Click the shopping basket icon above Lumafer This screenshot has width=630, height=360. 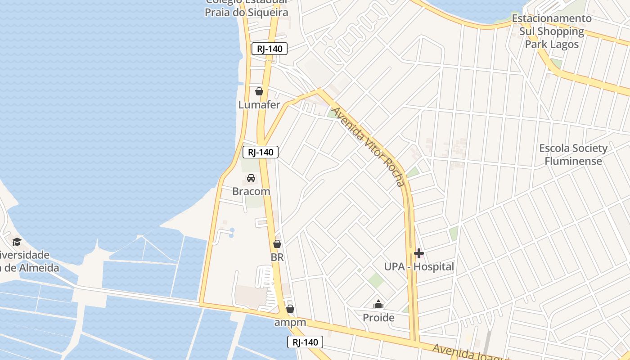coord(259,92)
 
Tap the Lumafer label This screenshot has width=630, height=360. coord(259,105)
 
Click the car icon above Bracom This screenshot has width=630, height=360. coord(251,178)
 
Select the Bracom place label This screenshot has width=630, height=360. coord(251,191)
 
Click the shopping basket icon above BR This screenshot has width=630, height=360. coord(277,244)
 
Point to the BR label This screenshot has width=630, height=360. coord(277,258)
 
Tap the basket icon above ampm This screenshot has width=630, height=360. coord(290,309)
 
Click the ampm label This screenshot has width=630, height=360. coord(290,323)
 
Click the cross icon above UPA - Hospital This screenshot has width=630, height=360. coord(419,253)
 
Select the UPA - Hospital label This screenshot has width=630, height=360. coord(419,267)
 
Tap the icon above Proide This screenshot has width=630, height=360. coord(378,305)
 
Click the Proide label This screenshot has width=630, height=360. coord(378,318)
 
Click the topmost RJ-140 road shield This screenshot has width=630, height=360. coord(269,49)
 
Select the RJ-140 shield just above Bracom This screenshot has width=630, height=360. coord(261,152)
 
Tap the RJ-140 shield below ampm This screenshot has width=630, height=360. coord(305,342)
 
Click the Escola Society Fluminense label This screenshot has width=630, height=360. coord(573,154)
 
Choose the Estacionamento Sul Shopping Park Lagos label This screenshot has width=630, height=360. coord(552,31)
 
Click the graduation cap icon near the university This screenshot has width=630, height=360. coord(17,242)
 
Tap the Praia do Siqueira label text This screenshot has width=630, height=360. coord(246,12)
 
